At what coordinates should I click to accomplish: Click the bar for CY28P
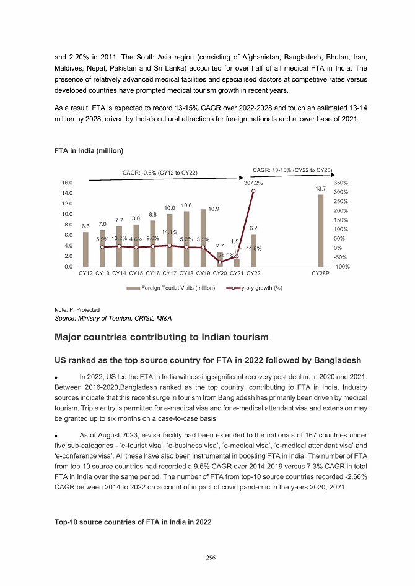pos(321,231)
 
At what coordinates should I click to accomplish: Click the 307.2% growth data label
pos(253,183)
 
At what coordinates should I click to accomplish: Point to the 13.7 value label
pos(320,188)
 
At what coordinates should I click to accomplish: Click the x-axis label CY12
pos(86,273)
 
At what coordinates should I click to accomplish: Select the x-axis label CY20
pos(220,273)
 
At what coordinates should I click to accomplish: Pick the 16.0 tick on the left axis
pos(68,183)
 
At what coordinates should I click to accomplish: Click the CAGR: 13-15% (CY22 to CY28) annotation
pos(294,169)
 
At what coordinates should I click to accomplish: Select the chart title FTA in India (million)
pos(89,151)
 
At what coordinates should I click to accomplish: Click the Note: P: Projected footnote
pos(77,309)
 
